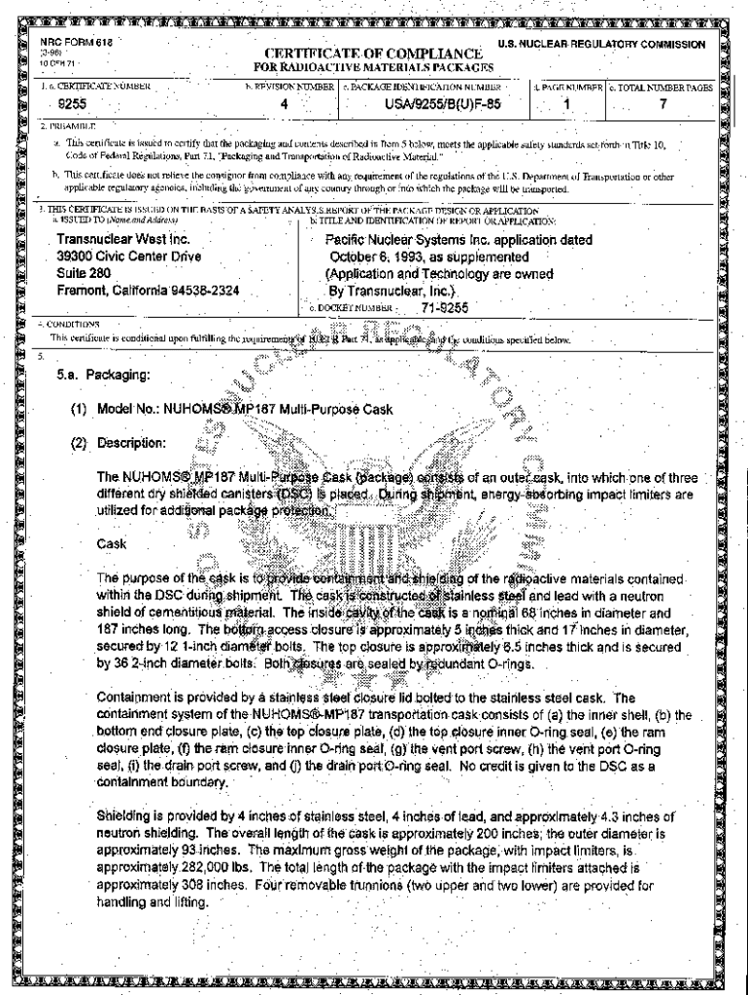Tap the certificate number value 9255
pos(71,103)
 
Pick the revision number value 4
pos(284,103)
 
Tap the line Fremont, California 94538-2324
pos(148,290)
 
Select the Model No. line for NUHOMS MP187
pos(232,409)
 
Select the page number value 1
pos(566,103)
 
